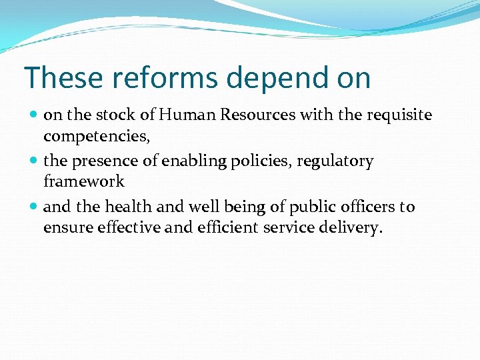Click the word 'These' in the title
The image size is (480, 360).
55,77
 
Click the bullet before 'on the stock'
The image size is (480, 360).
34,115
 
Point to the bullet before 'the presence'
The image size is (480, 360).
34,161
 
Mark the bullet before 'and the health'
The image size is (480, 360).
34,207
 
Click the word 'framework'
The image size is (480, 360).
83,181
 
